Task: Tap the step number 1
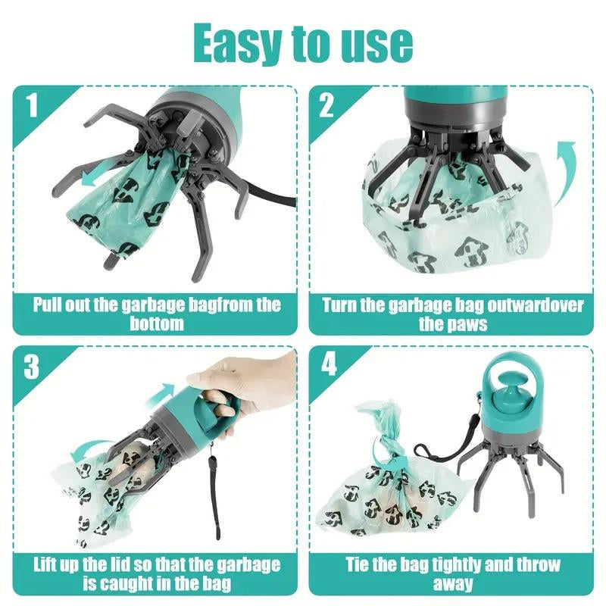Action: tap(31, 105)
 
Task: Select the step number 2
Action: tap(326, 105)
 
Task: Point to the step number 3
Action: tap(31, 367)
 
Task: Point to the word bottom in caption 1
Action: tap(157, 324)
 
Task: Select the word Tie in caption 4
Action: tap(361, 564)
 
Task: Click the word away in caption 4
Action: tap(454, 583)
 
